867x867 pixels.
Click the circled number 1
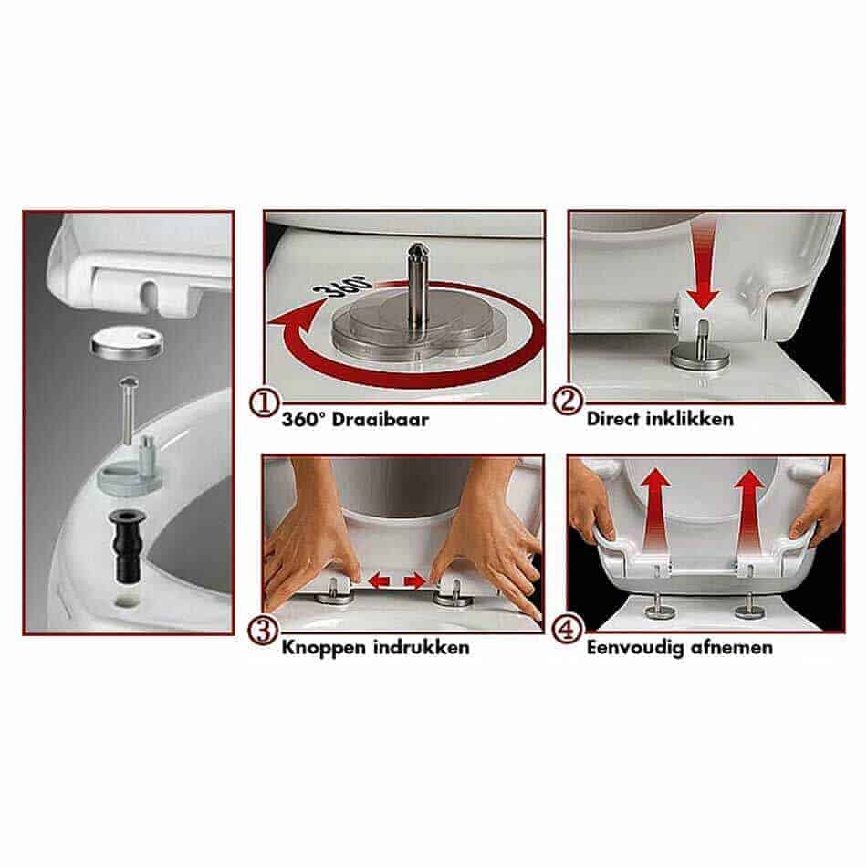pyautogui.click(x=264, y=402)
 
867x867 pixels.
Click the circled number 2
pyautogui.click(x=568, y=401)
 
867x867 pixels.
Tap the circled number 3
pyautogui.click(x=263, y=631)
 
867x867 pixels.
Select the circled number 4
pyautogui.click(x=568, y=629)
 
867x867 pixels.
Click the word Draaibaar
pyautogui.click(x=380, y=419)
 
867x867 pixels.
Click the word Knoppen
pyautogui.click(x=325, y=648)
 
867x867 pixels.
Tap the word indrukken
pyautogui.click(x=422, y=647)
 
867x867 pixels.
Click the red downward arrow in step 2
pyautogui.click(x=704, y=265)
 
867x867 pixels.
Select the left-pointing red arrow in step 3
pyautogui.click(x=380, y=580)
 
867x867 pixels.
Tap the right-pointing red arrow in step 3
pyautogui.click(x=415, y=580)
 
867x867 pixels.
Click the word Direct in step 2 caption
pyautogui.click(x=612, y=419)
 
